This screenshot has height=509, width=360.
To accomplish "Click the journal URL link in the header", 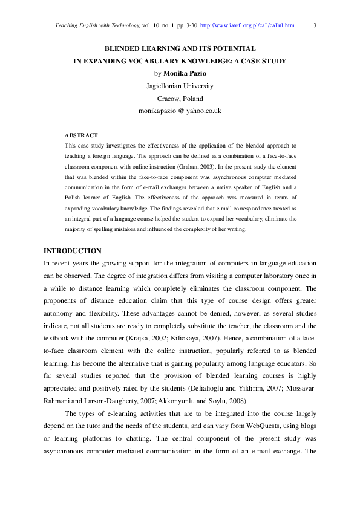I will tap(247, 25).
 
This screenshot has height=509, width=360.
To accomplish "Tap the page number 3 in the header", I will tap(315, 25).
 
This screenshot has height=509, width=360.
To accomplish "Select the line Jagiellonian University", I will tap(180, 86).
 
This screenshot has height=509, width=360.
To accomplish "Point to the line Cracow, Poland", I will tap(180, 99).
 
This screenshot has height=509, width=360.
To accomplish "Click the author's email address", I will tap(180, 111).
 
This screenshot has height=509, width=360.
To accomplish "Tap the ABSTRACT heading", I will tap(81, 135).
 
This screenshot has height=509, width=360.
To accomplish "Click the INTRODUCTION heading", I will tap(73, 251).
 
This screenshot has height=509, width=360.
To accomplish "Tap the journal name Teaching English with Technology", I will tap(88, 25).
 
